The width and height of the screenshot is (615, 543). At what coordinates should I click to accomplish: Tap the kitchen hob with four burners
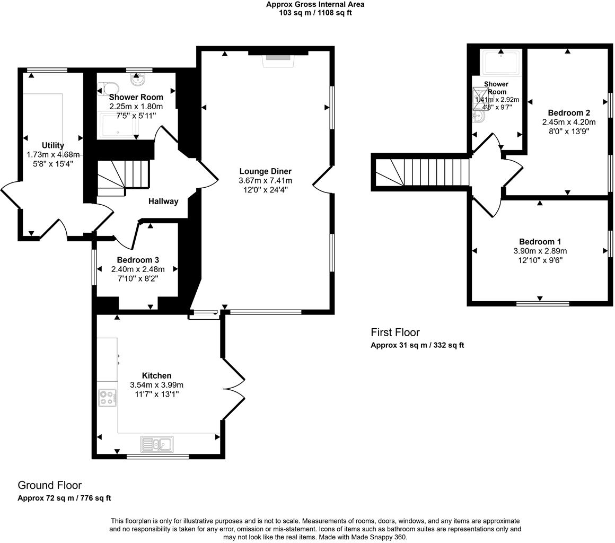(x=107, y=398)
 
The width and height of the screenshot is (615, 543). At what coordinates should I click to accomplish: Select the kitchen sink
(x=157, y=443)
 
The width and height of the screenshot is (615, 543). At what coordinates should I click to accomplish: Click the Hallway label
(x=163, y=202)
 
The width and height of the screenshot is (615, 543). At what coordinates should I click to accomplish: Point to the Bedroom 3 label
(x=138, y=260)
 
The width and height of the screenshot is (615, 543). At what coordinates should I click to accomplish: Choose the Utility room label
(x=53, y=145)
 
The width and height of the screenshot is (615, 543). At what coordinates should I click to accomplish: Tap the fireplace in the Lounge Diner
(x=278, y=58)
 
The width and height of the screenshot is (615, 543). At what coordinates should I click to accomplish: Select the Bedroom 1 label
(x=540, y=241)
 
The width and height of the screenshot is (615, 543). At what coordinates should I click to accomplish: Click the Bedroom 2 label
(x=569, y=113)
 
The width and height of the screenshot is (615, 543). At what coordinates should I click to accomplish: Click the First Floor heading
(x=395, y=332)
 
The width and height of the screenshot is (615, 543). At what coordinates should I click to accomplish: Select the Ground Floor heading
(x=50, y=485)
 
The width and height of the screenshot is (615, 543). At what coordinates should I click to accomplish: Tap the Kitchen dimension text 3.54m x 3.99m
(x=157, y=385)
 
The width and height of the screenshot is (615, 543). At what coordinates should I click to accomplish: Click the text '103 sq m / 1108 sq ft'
(x=315, y=13)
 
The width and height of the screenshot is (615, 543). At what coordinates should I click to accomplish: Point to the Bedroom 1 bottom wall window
(x=542, y=304)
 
